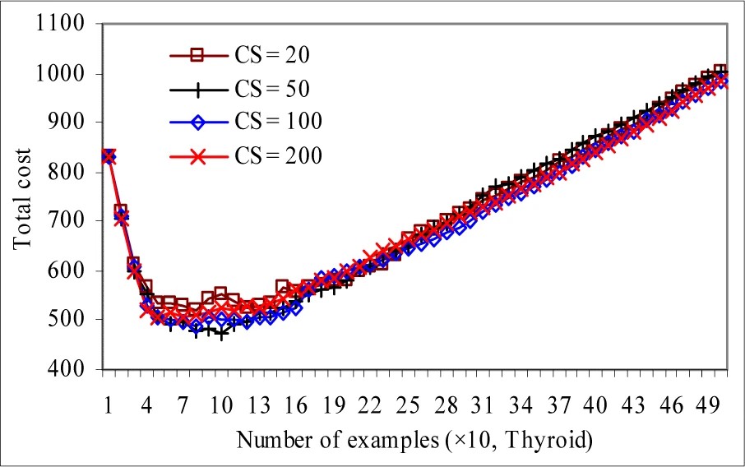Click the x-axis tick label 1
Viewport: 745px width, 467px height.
(108, 408)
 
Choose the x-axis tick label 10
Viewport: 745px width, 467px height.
(220, 408)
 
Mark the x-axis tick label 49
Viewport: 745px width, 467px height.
(709, 408)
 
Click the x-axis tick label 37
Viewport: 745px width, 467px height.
(558, 408)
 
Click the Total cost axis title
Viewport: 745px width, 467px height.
(22, 197)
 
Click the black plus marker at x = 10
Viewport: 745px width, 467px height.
(221, 334)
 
